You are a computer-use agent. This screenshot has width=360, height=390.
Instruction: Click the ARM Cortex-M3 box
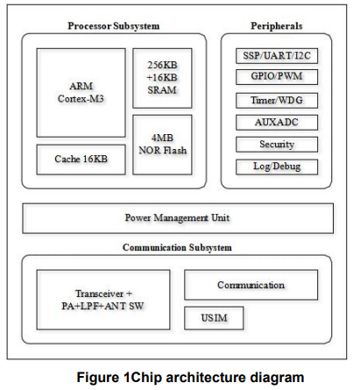click(x=81, y=93)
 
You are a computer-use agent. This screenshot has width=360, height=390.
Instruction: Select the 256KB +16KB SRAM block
click(x=162, y=78)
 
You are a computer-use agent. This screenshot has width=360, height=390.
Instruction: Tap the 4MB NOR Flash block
click(x=162, y=145)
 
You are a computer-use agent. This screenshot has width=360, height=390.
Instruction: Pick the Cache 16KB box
click(x=81, y=160)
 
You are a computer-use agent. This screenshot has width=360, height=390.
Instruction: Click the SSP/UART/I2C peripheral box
click(x=277, y=56)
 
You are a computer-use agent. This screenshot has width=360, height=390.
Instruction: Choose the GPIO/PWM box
click(x=277, y=77)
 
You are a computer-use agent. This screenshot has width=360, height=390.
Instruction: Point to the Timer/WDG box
click(x=277, y=101)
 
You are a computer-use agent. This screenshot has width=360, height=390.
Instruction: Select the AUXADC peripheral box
click(x=277, y=123)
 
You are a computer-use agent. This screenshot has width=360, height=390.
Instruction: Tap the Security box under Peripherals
click(x=277, y=145)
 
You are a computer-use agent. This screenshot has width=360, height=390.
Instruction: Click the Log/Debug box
click(x=277, y=167)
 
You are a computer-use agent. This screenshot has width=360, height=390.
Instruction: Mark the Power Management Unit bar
click(x=178, y=218)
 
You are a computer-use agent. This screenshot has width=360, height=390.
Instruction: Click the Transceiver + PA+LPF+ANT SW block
click(x=103, y=300)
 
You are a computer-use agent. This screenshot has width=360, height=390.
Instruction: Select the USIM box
click(x=214, y=318)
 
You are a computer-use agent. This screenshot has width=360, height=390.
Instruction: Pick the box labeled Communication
click(x=251, y=285)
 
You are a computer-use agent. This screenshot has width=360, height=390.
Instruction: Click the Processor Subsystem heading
click(x=114, y=26)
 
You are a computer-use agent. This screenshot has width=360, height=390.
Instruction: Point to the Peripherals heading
click(x=277, y=26)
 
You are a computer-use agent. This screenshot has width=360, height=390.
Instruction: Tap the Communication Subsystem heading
click(x=177, y=247)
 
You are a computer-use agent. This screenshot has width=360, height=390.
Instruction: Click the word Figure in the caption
click(x=98, y=377)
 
